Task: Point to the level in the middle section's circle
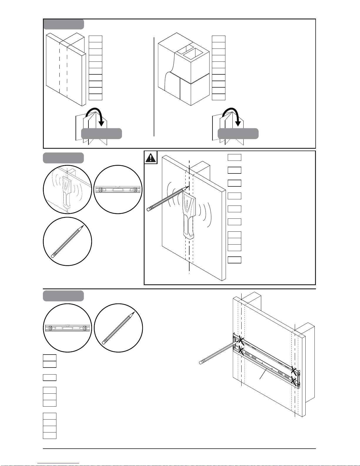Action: coord(118,190)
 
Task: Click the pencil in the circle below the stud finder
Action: coord(67,241)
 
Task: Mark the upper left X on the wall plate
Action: coord(241,340)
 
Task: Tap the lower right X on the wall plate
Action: coord(293,381)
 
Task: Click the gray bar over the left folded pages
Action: coord(101,133)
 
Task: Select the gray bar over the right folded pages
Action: coord(238,133)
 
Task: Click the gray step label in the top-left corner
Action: coord(64,24)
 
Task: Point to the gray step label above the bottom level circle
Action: coord(63,296)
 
